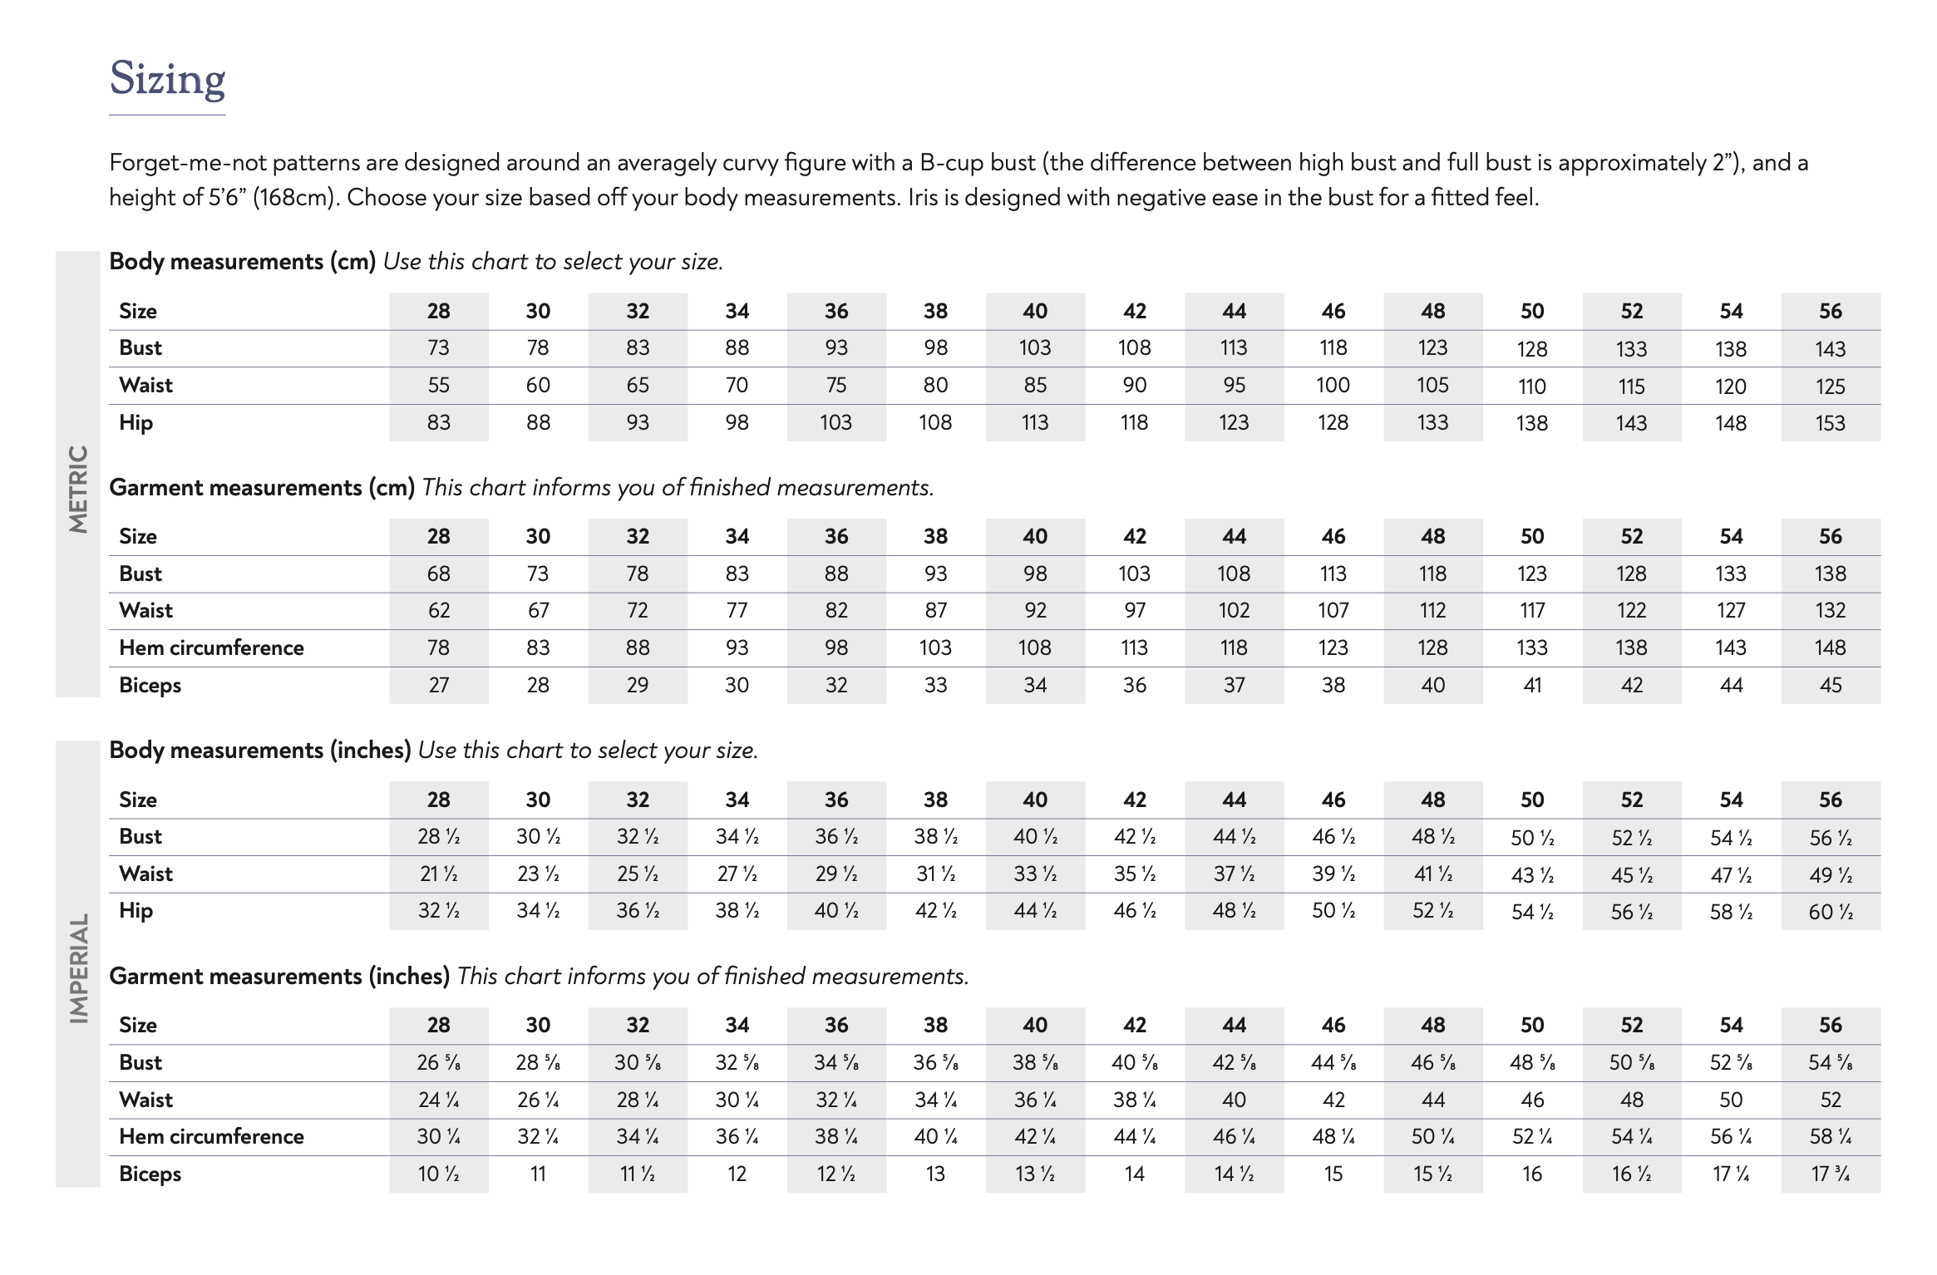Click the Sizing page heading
167,79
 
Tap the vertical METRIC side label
78,489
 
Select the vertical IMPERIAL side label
78,968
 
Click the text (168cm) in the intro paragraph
295,198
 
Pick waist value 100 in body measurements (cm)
1333,385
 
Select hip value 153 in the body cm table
1830,423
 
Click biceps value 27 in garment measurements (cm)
438,685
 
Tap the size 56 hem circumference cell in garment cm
1830,647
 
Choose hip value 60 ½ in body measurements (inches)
1830,912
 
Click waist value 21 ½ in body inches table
438,874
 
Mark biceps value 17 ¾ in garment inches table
1830,1174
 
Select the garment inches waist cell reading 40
1234,1100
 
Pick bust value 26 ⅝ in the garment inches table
438,1062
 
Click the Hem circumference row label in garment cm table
211,647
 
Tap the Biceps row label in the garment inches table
150,1174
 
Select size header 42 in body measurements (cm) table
1134,311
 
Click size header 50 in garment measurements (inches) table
1531,1025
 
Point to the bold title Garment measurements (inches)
279,976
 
